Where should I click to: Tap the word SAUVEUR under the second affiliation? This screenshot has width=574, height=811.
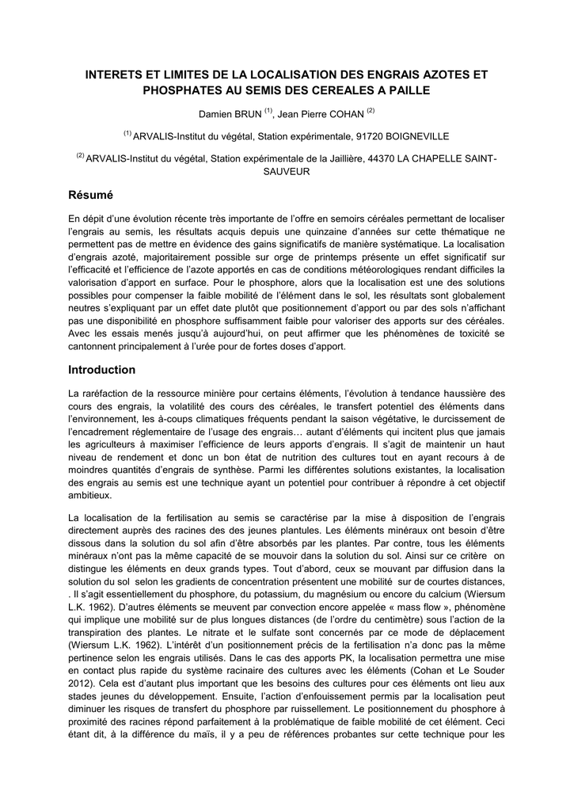(286, 171)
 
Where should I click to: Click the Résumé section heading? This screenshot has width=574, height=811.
(92, 195)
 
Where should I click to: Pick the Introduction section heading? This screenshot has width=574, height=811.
(102, 369)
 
